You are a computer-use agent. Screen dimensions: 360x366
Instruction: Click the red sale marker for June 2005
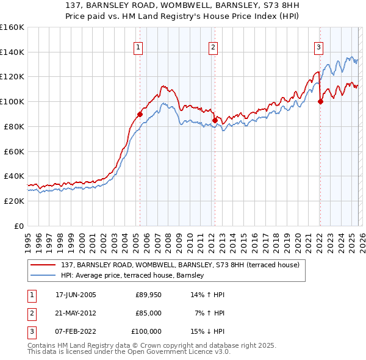coord(140,114)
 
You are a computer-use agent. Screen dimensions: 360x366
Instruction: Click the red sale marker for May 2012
coord(215,120)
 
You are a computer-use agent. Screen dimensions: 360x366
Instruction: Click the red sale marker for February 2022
coord(320,101)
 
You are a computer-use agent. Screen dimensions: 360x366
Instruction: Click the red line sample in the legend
coord(44,265)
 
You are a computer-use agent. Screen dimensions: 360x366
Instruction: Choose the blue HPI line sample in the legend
coord(44,276)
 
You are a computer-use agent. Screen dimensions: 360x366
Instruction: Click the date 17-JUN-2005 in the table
coord(76,295)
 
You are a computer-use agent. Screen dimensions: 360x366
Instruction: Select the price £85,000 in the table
coord(148,313)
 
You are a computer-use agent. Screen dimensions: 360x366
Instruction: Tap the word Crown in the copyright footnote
coord(154,345)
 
